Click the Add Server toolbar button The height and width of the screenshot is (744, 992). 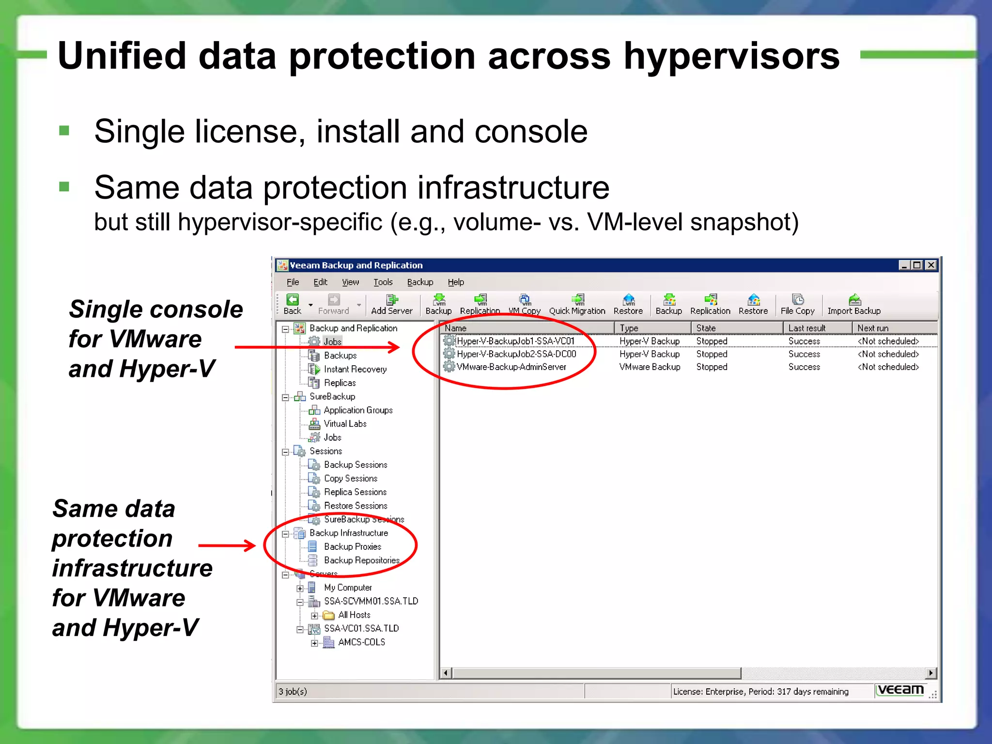pyautogui.click(x=391, y=305)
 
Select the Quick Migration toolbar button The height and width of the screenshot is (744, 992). pyautogui.click(x=577, y=305)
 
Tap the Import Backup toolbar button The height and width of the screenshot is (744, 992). pyautogui.click(x=853, y=305)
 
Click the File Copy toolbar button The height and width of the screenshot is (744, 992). pyautogui.click(x=797, y=305)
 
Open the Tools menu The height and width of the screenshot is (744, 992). pyautogui.click(x=383, y=282)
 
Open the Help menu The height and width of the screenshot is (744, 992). pyautogui.click(x=455, y=282)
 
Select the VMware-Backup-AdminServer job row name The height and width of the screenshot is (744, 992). pyautogui.click(x=511, y=367)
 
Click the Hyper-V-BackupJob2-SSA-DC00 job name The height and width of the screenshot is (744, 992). pyautogui.click(x=516, y=354)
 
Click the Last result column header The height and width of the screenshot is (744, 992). pyautogui.click(x=807, y=328)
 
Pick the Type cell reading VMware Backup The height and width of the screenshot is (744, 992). pyautogui.click(x=650, y=367)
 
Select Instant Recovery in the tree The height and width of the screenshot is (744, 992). pyautogui.click(x=355, y=369)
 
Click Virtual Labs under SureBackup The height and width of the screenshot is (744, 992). pyautogui.click(x=345, y=424)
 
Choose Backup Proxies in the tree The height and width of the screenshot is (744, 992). pyautogui.click(x=352, y=546)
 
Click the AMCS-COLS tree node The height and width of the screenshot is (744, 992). pyautogui.click(x=361, y=642)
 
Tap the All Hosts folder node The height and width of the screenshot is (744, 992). pyautogui.click(x=354, y=615)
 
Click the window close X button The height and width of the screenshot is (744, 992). pyautogui.click(x=931, y=265)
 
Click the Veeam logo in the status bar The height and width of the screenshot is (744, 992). pyautogui.click(x=900, y=690)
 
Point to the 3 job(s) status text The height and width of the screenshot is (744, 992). pyautogui.click(x=293, y=691)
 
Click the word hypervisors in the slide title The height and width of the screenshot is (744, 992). pyautogui.click(x=731, y=56)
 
